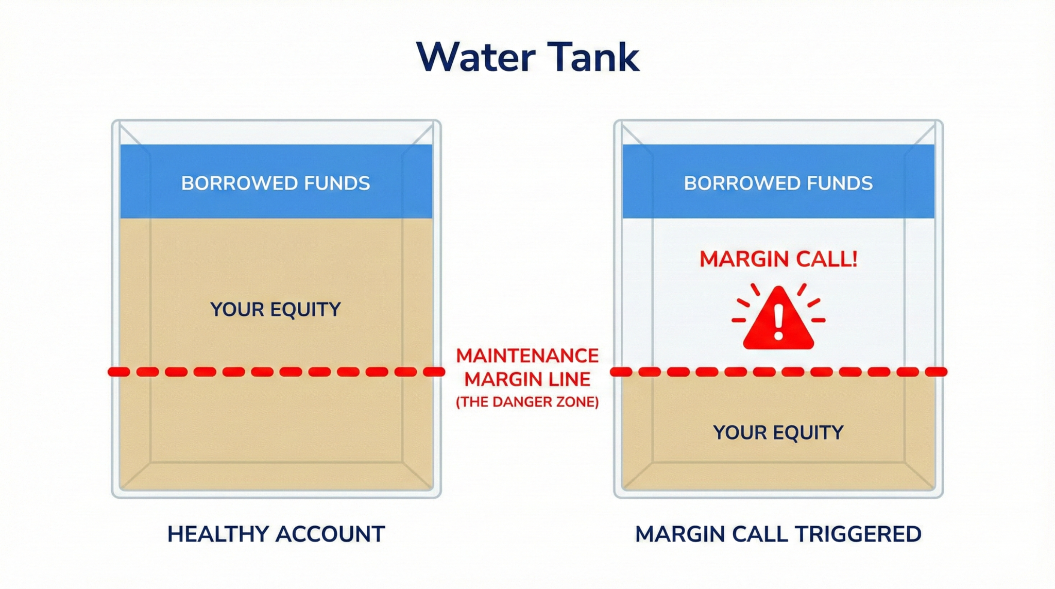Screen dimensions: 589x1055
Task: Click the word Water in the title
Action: pyautogui.click(x=476, y=57)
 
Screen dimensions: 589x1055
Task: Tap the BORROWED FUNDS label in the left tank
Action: pyautogui.click(x=276, y=183)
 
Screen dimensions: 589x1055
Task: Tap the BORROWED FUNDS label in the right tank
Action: pyautogui.click(x=778, y=183)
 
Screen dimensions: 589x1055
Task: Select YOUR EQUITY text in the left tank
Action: pyautogui.click(x=276, y=310)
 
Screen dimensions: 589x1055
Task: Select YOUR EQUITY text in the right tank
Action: pyautogui.click(x=778, y=432)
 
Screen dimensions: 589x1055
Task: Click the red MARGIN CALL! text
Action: pyautogui.click(x=778, y=259)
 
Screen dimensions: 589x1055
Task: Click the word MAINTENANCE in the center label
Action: pyautogui.click(x=527, y=356)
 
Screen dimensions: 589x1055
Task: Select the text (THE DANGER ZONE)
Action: pyautogui.click(x=527, y=402)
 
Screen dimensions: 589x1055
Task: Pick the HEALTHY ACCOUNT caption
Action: pyautogui.click(x=276, y=534)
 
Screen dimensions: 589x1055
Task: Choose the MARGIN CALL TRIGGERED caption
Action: pyautogui.click(x=778, y=534)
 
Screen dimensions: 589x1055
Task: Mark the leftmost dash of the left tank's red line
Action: pyautogui.click(x=118, y=372)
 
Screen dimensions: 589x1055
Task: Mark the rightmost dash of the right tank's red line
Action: pyautogui.click(x=937, y=372)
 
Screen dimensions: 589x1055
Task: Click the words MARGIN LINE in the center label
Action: pyautogui.click(x=527, y=380)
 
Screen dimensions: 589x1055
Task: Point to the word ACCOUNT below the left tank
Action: pyautogui.click(x=330, y=534)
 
